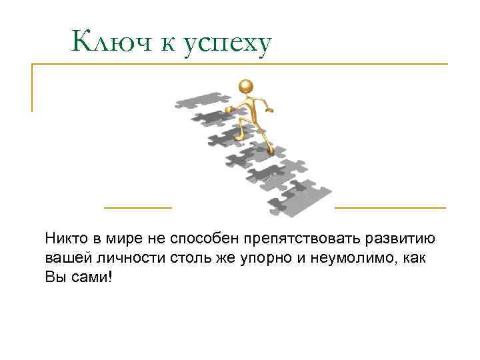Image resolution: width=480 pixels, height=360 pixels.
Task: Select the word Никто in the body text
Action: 64,239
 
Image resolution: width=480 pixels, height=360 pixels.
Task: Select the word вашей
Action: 64,257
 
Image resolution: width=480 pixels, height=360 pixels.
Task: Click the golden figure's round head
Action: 245,86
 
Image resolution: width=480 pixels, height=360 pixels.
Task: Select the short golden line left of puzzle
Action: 138,207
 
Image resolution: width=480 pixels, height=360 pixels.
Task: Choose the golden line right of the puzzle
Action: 390,207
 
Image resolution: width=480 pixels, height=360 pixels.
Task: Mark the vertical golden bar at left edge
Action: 32,87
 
